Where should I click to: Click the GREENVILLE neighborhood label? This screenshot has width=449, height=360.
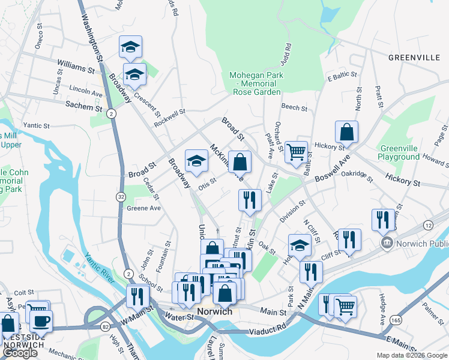coord(414,58)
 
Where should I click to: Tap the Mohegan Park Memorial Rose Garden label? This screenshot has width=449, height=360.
coord(255,84)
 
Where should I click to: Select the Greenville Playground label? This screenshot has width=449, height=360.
coord(399,152)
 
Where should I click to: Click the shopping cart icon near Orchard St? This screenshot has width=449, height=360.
coord(296,152)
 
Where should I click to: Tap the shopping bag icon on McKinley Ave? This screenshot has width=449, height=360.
coord(240,162)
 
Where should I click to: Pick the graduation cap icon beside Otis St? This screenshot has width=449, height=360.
coord(196,161)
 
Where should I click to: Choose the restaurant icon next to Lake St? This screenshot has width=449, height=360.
coord(250,200)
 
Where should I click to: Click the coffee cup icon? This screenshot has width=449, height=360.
coord(41,321)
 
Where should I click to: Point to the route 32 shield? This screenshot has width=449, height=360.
coord(121,197)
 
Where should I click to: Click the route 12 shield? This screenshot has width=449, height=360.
coord(427,224)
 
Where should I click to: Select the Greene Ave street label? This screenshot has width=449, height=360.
coord(143,208)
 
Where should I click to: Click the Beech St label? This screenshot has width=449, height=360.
coord(294,109)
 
